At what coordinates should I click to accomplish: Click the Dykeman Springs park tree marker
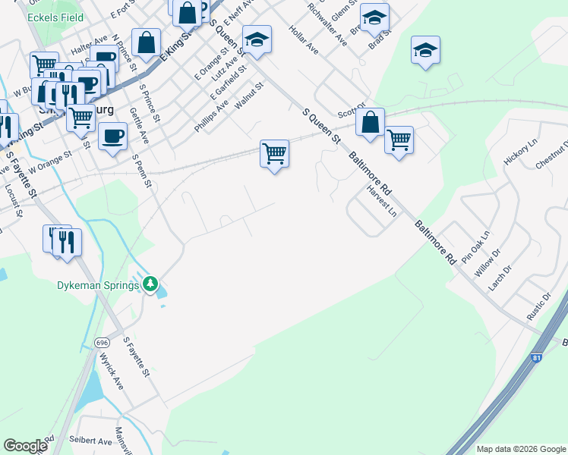[x=151, y=284]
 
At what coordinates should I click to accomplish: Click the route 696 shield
[x=103, y=343]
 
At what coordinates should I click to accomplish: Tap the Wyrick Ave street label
[x=112, y=369]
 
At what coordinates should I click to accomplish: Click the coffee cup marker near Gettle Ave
[x=113, y=137]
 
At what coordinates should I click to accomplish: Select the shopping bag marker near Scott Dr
[x=370, y=123]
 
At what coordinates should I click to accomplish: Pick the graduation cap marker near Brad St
[x=374, y=18]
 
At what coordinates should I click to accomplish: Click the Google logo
[x=26, y=446]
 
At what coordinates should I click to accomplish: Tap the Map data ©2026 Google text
[x=521, y=449]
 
